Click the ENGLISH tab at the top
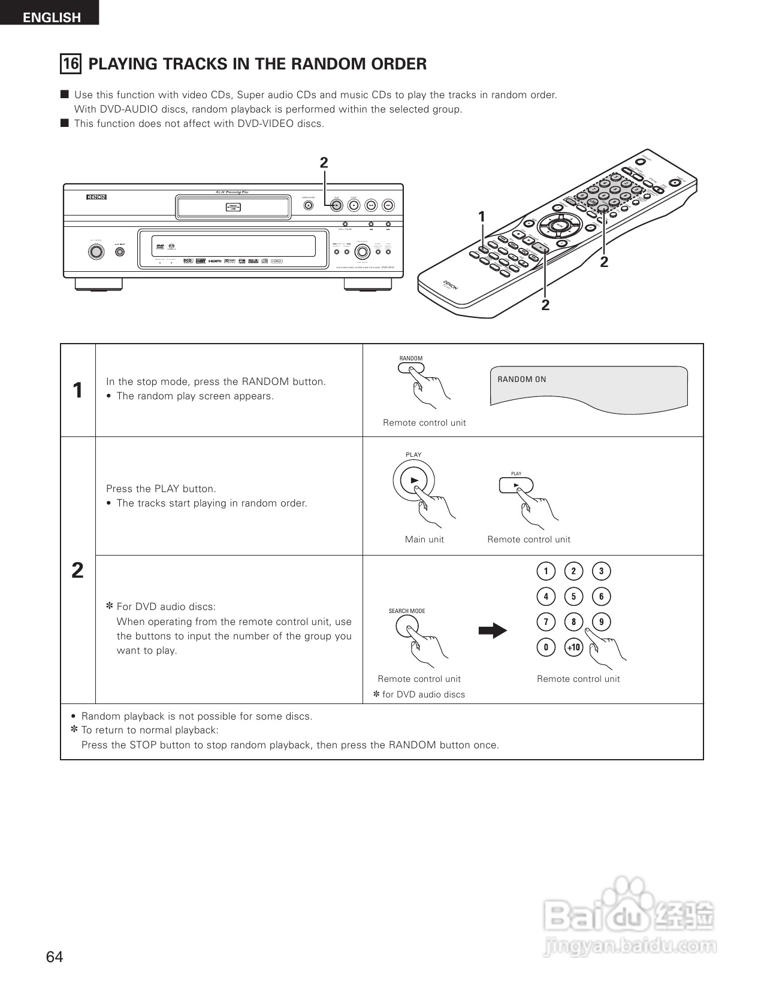51,17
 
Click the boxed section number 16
71,64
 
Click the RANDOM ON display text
521,379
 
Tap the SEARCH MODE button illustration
406,627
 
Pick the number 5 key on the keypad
573,596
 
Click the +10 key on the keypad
573,647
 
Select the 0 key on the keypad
545,647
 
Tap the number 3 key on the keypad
601,571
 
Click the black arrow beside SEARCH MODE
493,630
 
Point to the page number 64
54,957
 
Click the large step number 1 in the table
78,390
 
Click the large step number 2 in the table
78,571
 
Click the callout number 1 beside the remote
481,217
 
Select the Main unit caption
424,539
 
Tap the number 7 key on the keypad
545,622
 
